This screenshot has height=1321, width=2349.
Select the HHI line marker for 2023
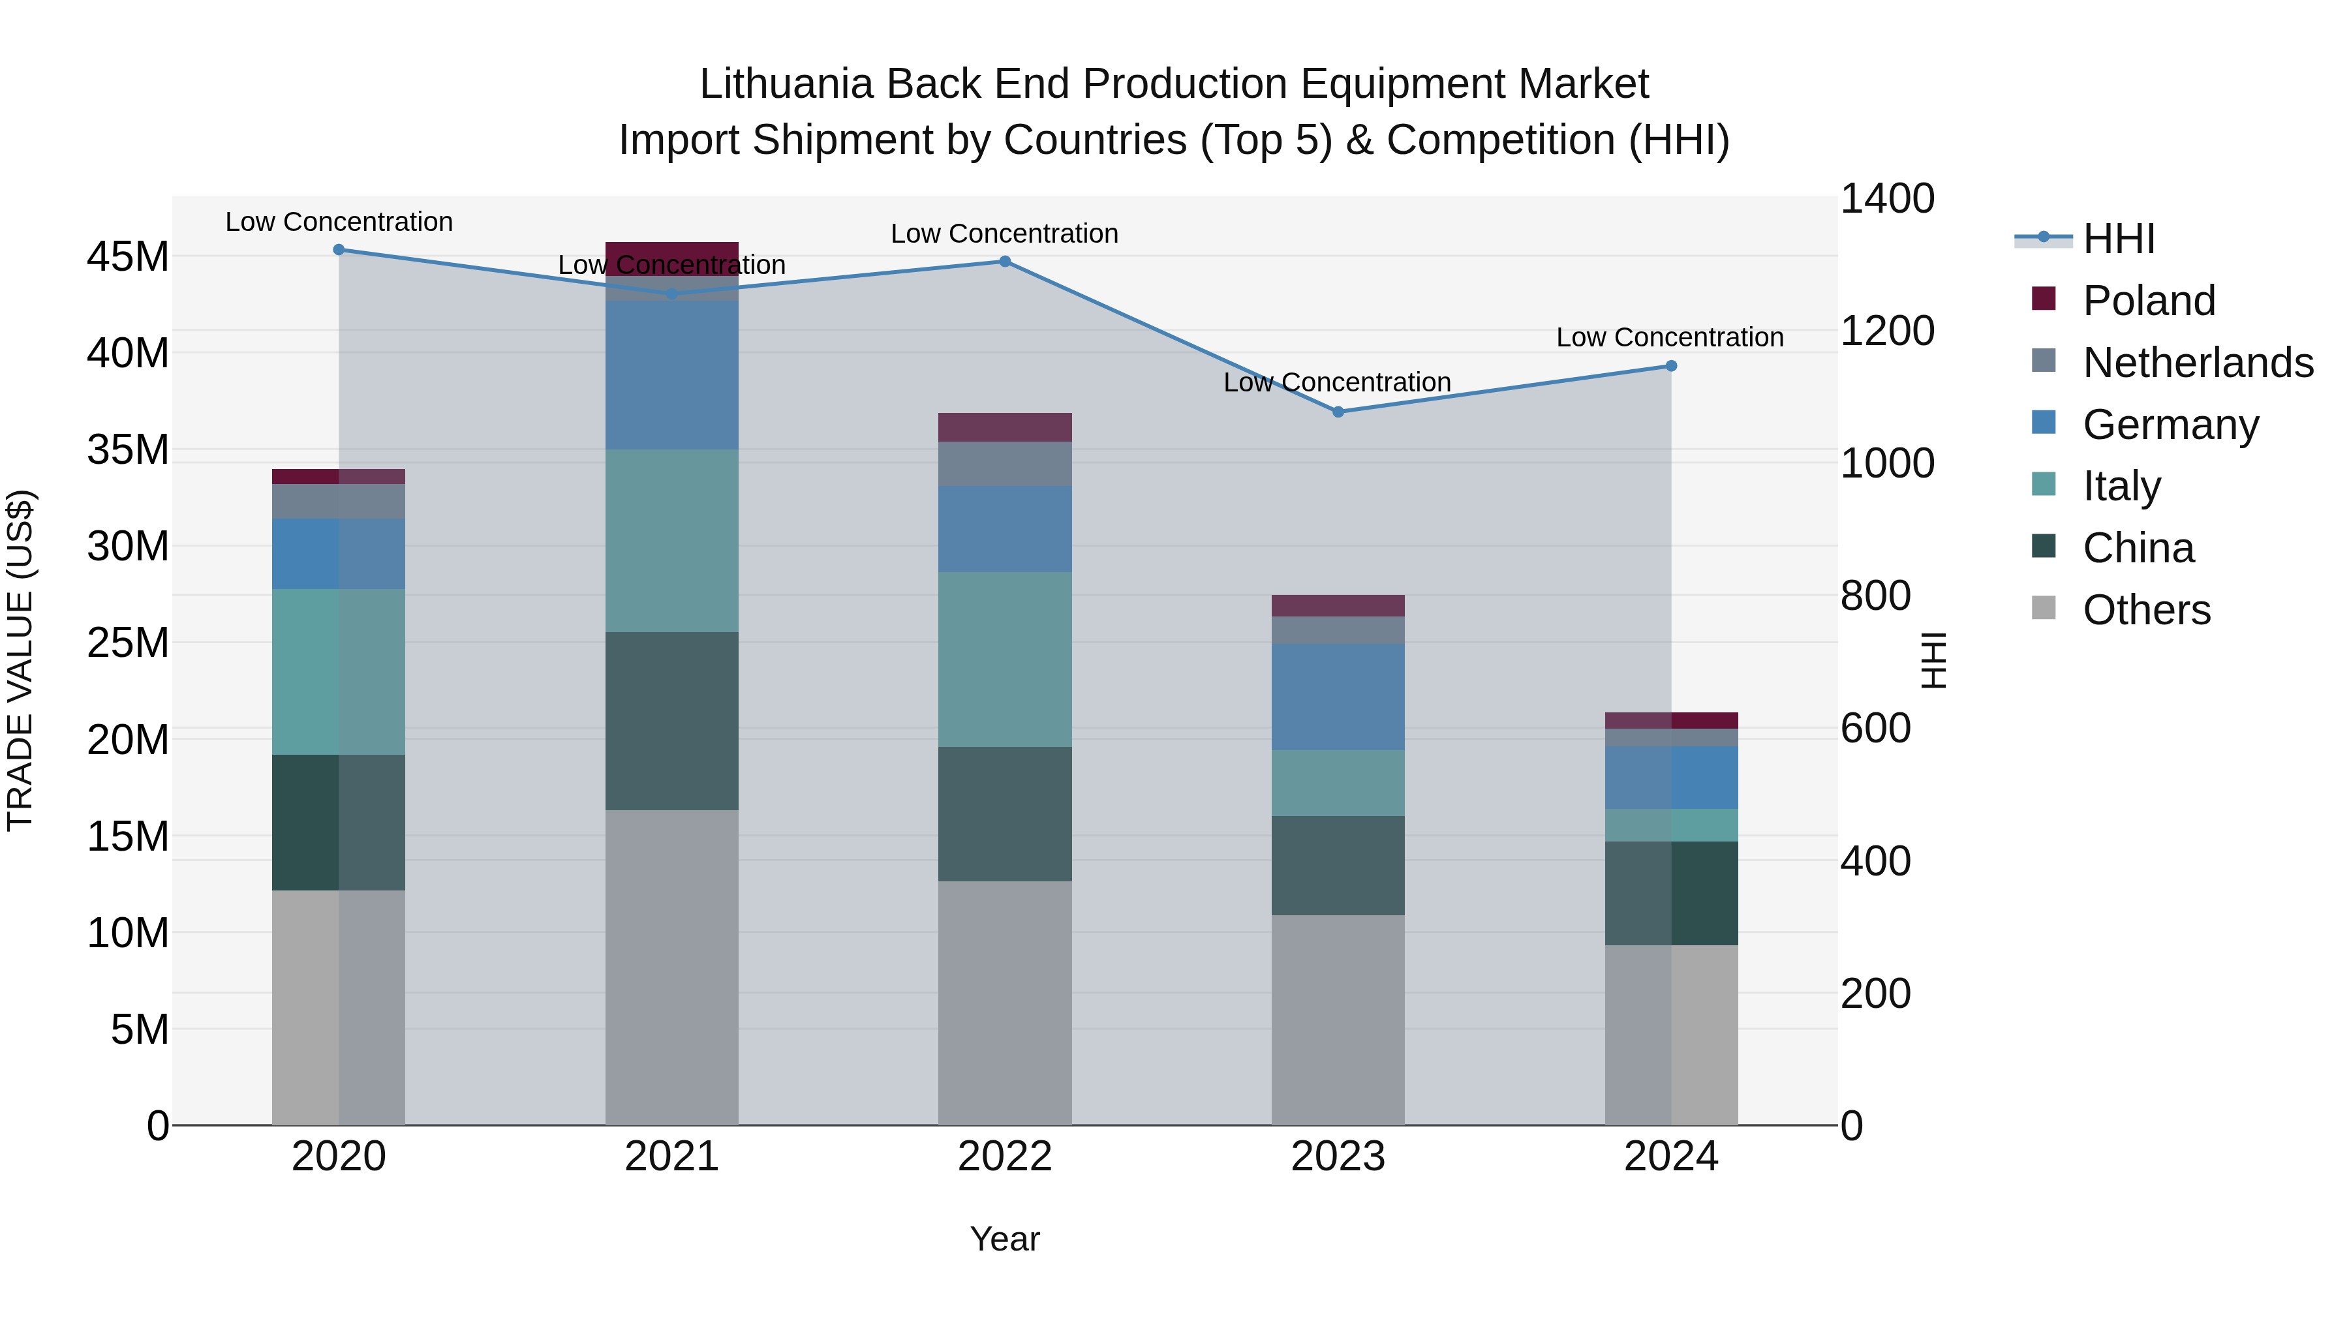[x=1338, y=412]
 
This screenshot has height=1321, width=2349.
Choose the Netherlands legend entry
[x=2197, y=363]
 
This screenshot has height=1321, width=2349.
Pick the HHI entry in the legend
[x=2118, y=239]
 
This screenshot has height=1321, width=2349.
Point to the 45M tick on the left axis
[x=128, y=257]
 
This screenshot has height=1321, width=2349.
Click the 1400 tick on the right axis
[x=1886, y=199]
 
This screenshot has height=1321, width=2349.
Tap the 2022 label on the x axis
[x=1004, y=1157]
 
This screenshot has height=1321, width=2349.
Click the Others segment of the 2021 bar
[x=671, y=966]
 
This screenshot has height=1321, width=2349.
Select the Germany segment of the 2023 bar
[x=1338, y=697]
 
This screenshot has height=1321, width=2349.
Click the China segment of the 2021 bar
[x=671, y=720]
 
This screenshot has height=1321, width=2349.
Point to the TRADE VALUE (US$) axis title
[x=20, y=660]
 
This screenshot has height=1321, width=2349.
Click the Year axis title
[x=1004, y=1239]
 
